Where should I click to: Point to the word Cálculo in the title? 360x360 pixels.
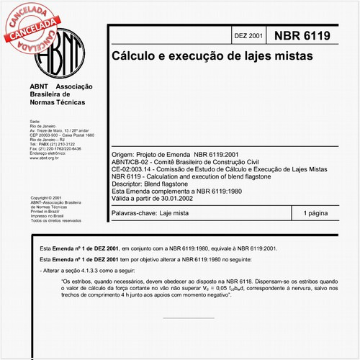133,55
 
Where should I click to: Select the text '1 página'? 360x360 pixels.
315,214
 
